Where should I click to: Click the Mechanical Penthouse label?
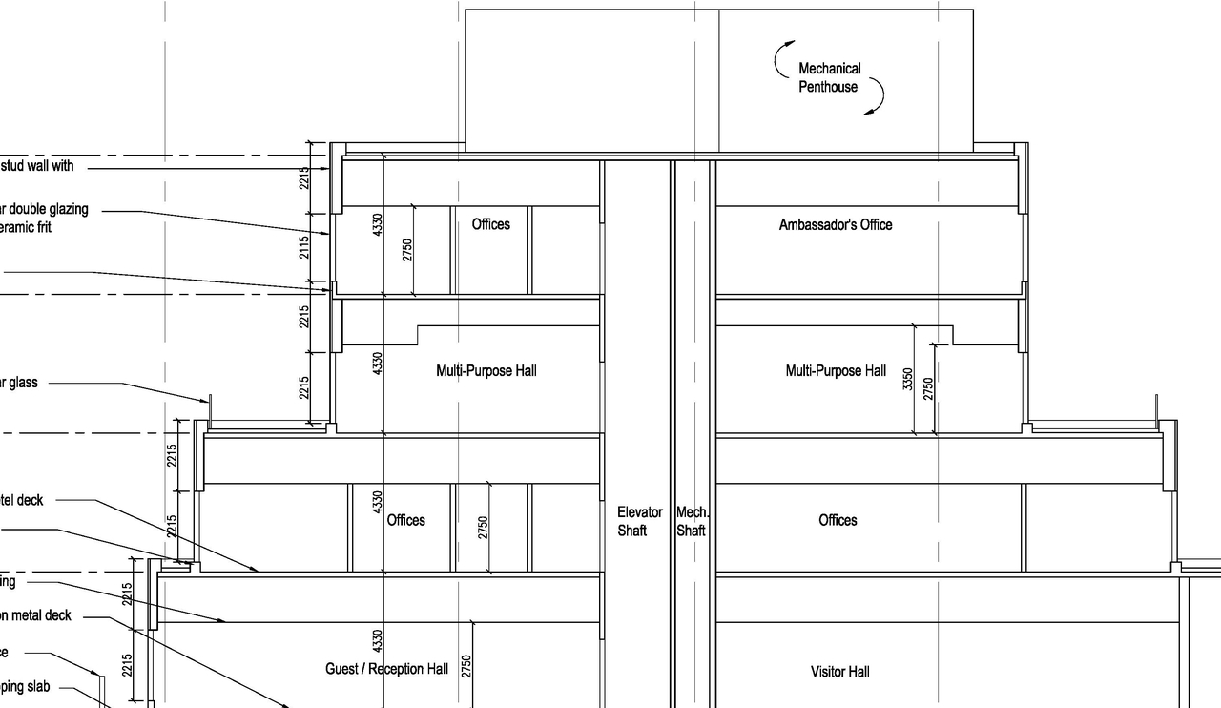tap(829, 77)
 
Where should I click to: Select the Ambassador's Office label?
tap(836, 225)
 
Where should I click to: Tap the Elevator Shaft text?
tap(639, 521)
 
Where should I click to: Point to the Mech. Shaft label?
tap(692, 521)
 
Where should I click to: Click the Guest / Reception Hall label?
tap(386, 669)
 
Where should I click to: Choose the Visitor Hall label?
tap(839, 672)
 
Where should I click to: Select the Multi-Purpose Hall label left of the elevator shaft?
tap(486, 370)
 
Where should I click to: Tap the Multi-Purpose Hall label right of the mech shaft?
tap(836, 370)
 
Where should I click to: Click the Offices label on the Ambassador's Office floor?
tap(490, 224)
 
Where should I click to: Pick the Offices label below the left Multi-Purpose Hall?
tap(405, 520)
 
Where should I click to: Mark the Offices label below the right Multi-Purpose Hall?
tap(838, 520)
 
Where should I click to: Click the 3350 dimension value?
tap(908, 379)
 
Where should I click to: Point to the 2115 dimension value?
tap(304, 248)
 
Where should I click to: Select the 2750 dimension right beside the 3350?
tap(928, 388)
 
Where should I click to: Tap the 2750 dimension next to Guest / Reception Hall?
tap(466, 665)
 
